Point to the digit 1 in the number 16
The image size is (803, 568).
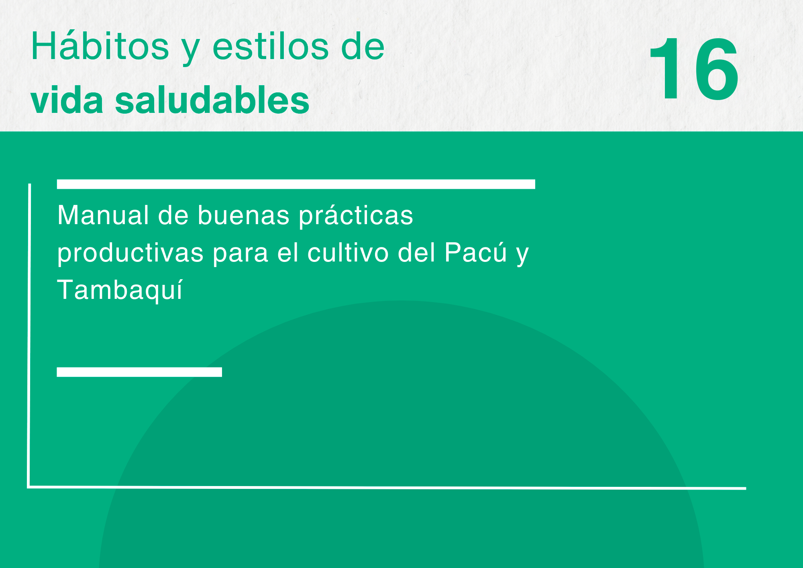pyautogui.click(x=666, y=68)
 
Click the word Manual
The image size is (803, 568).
pyautogui.click(x=103, y=215)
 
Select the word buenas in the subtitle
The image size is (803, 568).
pyautogui.click(x=243, y=215)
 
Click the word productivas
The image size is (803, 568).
pyautogui.click(x=130, y=253)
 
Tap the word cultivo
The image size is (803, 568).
pyautogui.click(x=348, y=253)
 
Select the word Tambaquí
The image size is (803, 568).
pyautogui.click(x=120, y=290)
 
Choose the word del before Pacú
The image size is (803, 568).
pyautogui.click(x=416, y=253)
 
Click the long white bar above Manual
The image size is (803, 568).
pyautogui.click(x=296, y=184)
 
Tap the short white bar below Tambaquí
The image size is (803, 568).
pyautogui.click(x=139, y=372)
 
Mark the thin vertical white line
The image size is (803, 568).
pyautogui.click(x=29, y=335)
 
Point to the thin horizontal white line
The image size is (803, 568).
pyautogui.click(x=387, y=488)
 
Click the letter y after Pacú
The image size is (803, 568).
pyautogui.click(x=522, y=256)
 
